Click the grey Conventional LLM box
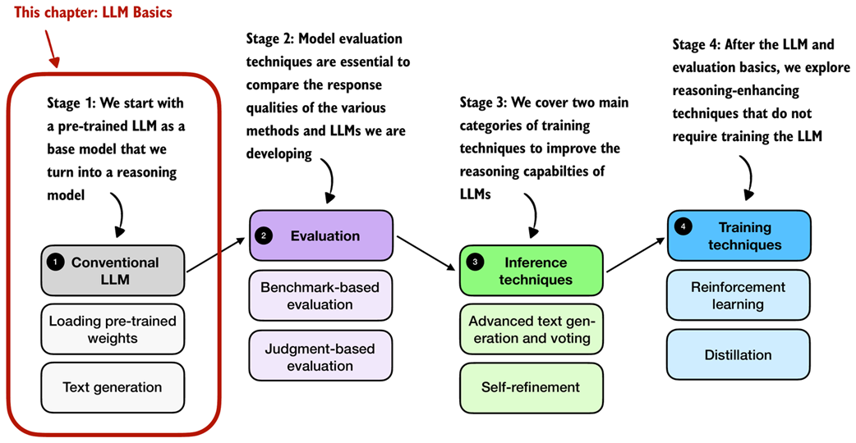click(x=113, y=272)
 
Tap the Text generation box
click(x=113, y=387)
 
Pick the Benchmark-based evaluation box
click(x=321, y=296)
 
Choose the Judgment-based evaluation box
click(x=321, y=357)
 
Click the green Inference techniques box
click(x=532, y=272)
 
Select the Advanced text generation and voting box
click(x=531, y=330)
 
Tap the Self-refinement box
click(x=531, y=387)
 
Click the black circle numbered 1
click(x=55, y=263)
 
